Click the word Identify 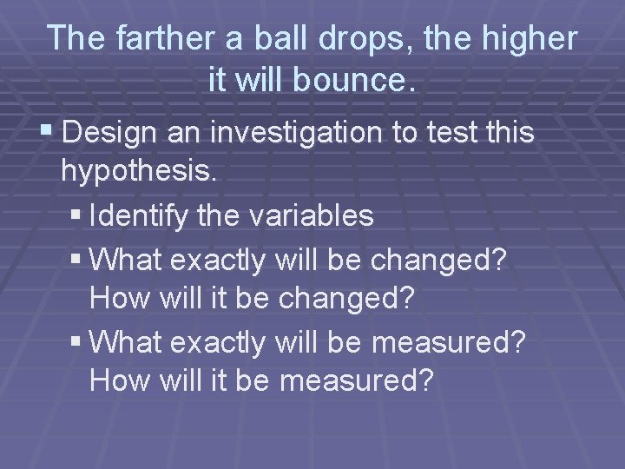138,215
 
